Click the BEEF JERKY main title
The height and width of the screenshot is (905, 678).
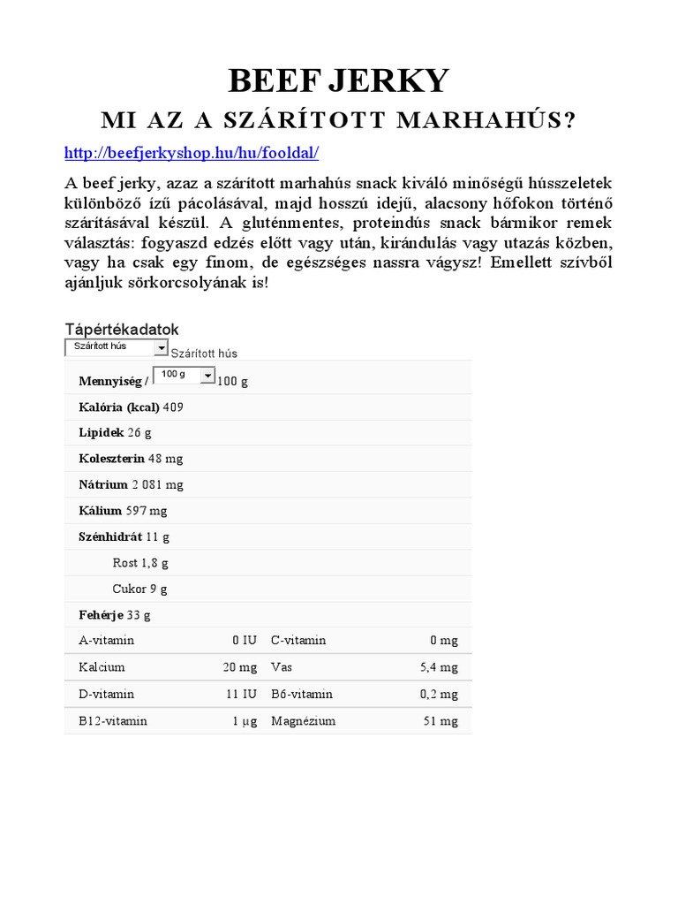click(339, 80)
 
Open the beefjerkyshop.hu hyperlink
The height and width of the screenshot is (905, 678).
click(192, 153)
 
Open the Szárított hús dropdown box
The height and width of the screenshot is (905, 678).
click(117, 347)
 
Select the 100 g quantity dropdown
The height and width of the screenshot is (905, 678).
click(183, 376)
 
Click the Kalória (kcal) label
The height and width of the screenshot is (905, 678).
click(119, 407)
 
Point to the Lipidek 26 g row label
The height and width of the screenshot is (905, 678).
click(102, 433)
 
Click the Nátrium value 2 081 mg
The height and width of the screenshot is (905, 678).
click(158, 484)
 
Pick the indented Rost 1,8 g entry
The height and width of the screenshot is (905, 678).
click(139, 563)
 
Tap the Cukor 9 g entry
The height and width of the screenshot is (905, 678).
click(139, 589)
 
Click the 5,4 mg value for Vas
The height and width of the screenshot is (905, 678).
click(439, 667)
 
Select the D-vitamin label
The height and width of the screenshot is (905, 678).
click(106, 694)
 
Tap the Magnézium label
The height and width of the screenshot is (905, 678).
click(304, 721)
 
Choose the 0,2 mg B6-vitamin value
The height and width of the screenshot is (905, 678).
click(439, 694)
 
